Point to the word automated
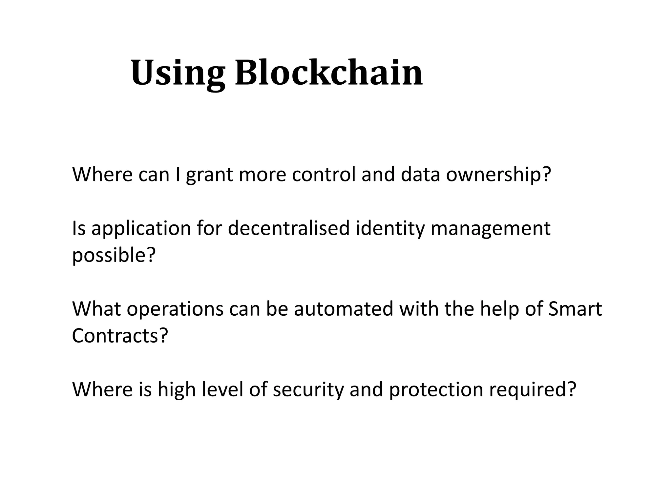click(x=344, y=309)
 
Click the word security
click(x=308, y=389)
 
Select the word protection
click(x=436, y=389)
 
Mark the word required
click(x=532, y=389)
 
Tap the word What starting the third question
click(x=97, y=309)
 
